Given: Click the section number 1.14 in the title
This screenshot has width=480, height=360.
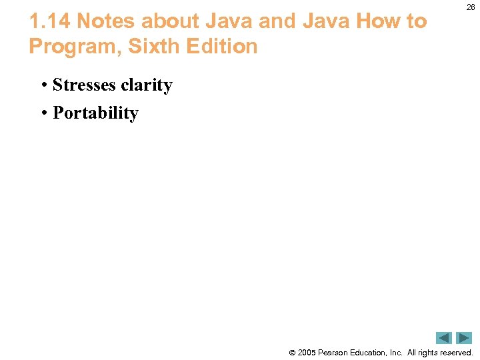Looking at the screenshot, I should point(50,21).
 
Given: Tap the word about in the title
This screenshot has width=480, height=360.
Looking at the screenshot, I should point(169,21).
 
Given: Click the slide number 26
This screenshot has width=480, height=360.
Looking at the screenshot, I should point(470,7).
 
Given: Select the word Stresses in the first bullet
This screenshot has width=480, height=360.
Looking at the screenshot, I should point(85,85).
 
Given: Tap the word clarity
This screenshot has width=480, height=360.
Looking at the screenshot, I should point(147,85).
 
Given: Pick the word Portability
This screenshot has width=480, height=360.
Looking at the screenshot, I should point(95,113).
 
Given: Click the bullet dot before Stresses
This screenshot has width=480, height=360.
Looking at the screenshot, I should point(43,86).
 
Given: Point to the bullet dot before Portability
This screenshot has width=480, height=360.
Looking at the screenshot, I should point(43,113).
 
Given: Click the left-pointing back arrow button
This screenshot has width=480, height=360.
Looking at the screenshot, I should point(445,338).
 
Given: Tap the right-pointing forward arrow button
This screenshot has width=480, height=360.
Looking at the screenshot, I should point(464,338).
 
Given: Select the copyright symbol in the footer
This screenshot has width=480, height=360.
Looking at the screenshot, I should point(291,353).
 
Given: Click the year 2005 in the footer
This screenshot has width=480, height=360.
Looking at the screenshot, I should point(306,352).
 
